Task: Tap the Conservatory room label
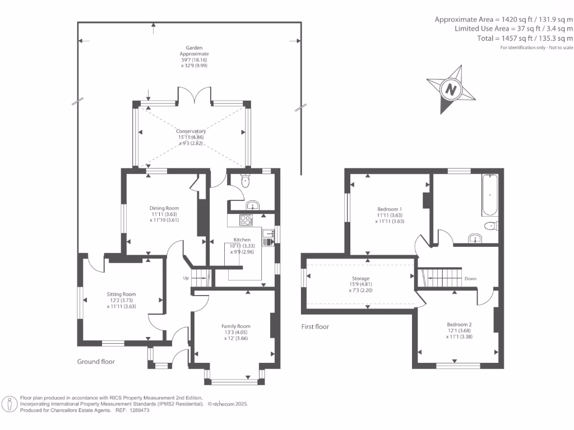tap(191, 132)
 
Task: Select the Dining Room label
tap(164, 208)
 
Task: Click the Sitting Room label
tap(122, 294)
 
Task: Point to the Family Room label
tap(235, 326)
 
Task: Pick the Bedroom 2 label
tap(459, 325)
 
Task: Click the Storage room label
tap(360, 278)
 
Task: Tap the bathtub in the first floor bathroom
tap(489, 195)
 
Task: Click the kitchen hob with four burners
tap(247, 220)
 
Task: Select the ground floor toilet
tap(245, 180)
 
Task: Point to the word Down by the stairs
tap(470, 278)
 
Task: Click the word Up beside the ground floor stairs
tap(186, 278)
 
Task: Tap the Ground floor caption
tap(96, 362)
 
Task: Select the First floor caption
tap(314, 326)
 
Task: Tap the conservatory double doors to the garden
tap(194, 96)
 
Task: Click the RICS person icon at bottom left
tap(10, 404)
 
